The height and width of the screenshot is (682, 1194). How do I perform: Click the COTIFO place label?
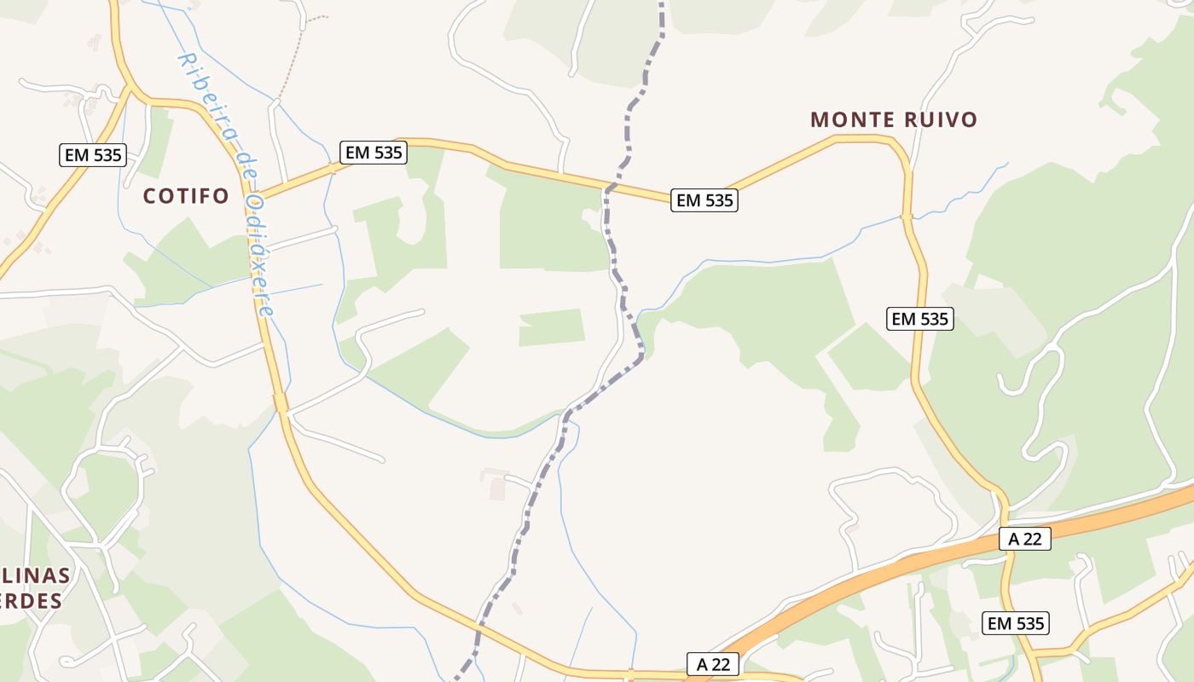186,196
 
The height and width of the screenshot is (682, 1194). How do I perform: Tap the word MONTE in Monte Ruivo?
849,119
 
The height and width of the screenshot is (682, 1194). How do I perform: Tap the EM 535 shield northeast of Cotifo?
374,153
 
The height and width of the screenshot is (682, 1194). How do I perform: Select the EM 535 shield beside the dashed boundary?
704,200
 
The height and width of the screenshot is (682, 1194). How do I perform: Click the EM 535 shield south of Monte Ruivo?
919,319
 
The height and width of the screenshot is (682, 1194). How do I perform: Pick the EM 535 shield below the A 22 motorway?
1015,623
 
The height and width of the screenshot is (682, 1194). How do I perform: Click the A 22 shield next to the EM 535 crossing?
1025,539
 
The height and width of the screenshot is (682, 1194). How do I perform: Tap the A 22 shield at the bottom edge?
713,664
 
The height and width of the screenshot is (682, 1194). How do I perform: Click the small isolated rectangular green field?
552,327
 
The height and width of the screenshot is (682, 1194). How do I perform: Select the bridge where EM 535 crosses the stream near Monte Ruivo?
907,217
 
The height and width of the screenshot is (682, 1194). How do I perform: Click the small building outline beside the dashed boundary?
496,488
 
